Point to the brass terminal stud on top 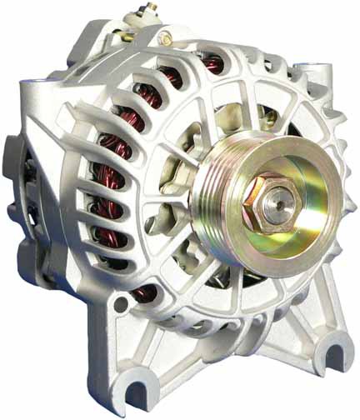point(132,11)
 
